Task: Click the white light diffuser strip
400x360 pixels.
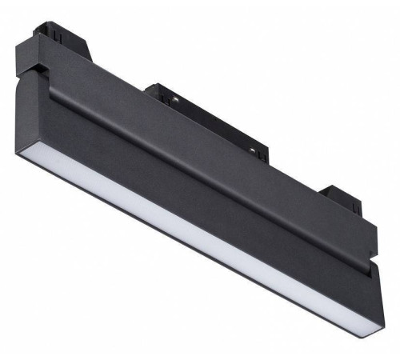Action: pos(200,240)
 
